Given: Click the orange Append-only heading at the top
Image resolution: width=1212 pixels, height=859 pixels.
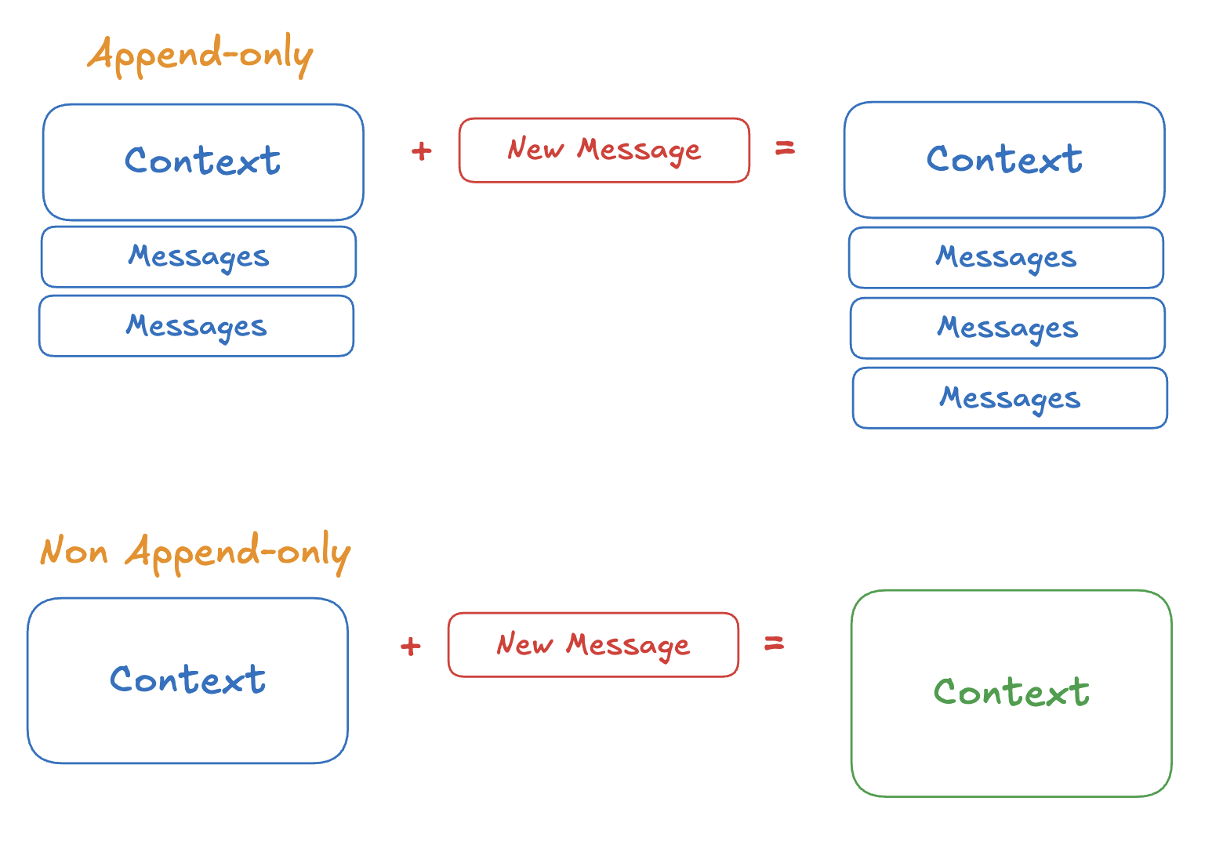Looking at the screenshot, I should pyautogui.click(x=200, y=55).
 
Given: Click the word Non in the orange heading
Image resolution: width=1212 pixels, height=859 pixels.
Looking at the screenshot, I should pyautogui.click(x=74, y=552).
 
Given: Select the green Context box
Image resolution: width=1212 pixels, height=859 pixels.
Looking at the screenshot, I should pyautogui.click(x=1011, y=693).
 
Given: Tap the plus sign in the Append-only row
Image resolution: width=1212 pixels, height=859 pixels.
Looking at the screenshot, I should pyautogui.click(x=421, y=150).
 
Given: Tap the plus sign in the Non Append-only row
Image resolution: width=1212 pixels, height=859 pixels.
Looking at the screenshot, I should pyautogui.click(x=410, y=646).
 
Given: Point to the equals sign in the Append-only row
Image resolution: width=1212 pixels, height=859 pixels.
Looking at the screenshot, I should pyautogui.click(x=785, y=148).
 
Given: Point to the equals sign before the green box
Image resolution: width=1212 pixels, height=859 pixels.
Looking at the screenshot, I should pyautogui.click(x=774, y=643).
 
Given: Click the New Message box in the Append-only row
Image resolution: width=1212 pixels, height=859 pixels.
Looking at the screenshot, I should pyautogui.click(x=604, y=150).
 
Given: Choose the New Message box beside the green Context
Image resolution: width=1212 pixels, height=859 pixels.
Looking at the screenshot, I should pyautogui.click(x=593, y=645).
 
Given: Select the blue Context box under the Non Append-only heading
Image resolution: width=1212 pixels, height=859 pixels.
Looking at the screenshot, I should pyautogui.click(x=187, y=680).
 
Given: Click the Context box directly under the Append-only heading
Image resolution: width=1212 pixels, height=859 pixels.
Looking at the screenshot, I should pyautogui.click(x=203, y=162).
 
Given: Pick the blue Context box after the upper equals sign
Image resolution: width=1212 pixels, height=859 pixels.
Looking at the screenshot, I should pyautogui.click(x=1004, y=160).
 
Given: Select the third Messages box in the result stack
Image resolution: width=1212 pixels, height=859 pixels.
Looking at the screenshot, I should pyautogui.click(x=1010, y=398).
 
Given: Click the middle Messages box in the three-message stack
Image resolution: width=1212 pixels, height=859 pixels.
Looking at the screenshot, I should pyautogui.click(x=1007, y=328).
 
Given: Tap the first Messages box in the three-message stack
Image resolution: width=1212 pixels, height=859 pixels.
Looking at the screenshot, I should pyautogui.click(x=1006, y=258).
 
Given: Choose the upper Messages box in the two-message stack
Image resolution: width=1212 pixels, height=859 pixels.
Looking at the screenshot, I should pyautogui.click(x=198, y=257).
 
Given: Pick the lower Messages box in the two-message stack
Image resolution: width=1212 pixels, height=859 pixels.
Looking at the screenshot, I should pyautogui.click(x=196, y=326).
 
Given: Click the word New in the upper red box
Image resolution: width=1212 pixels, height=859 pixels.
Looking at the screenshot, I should pyautogui.click(x=535, y=149).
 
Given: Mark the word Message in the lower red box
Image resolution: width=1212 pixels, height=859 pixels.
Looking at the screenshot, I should pyautogui.click(x=628, y=645).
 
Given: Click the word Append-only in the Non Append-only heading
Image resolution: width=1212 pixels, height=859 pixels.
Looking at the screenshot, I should pyautogui.click(x=238, y=552).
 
